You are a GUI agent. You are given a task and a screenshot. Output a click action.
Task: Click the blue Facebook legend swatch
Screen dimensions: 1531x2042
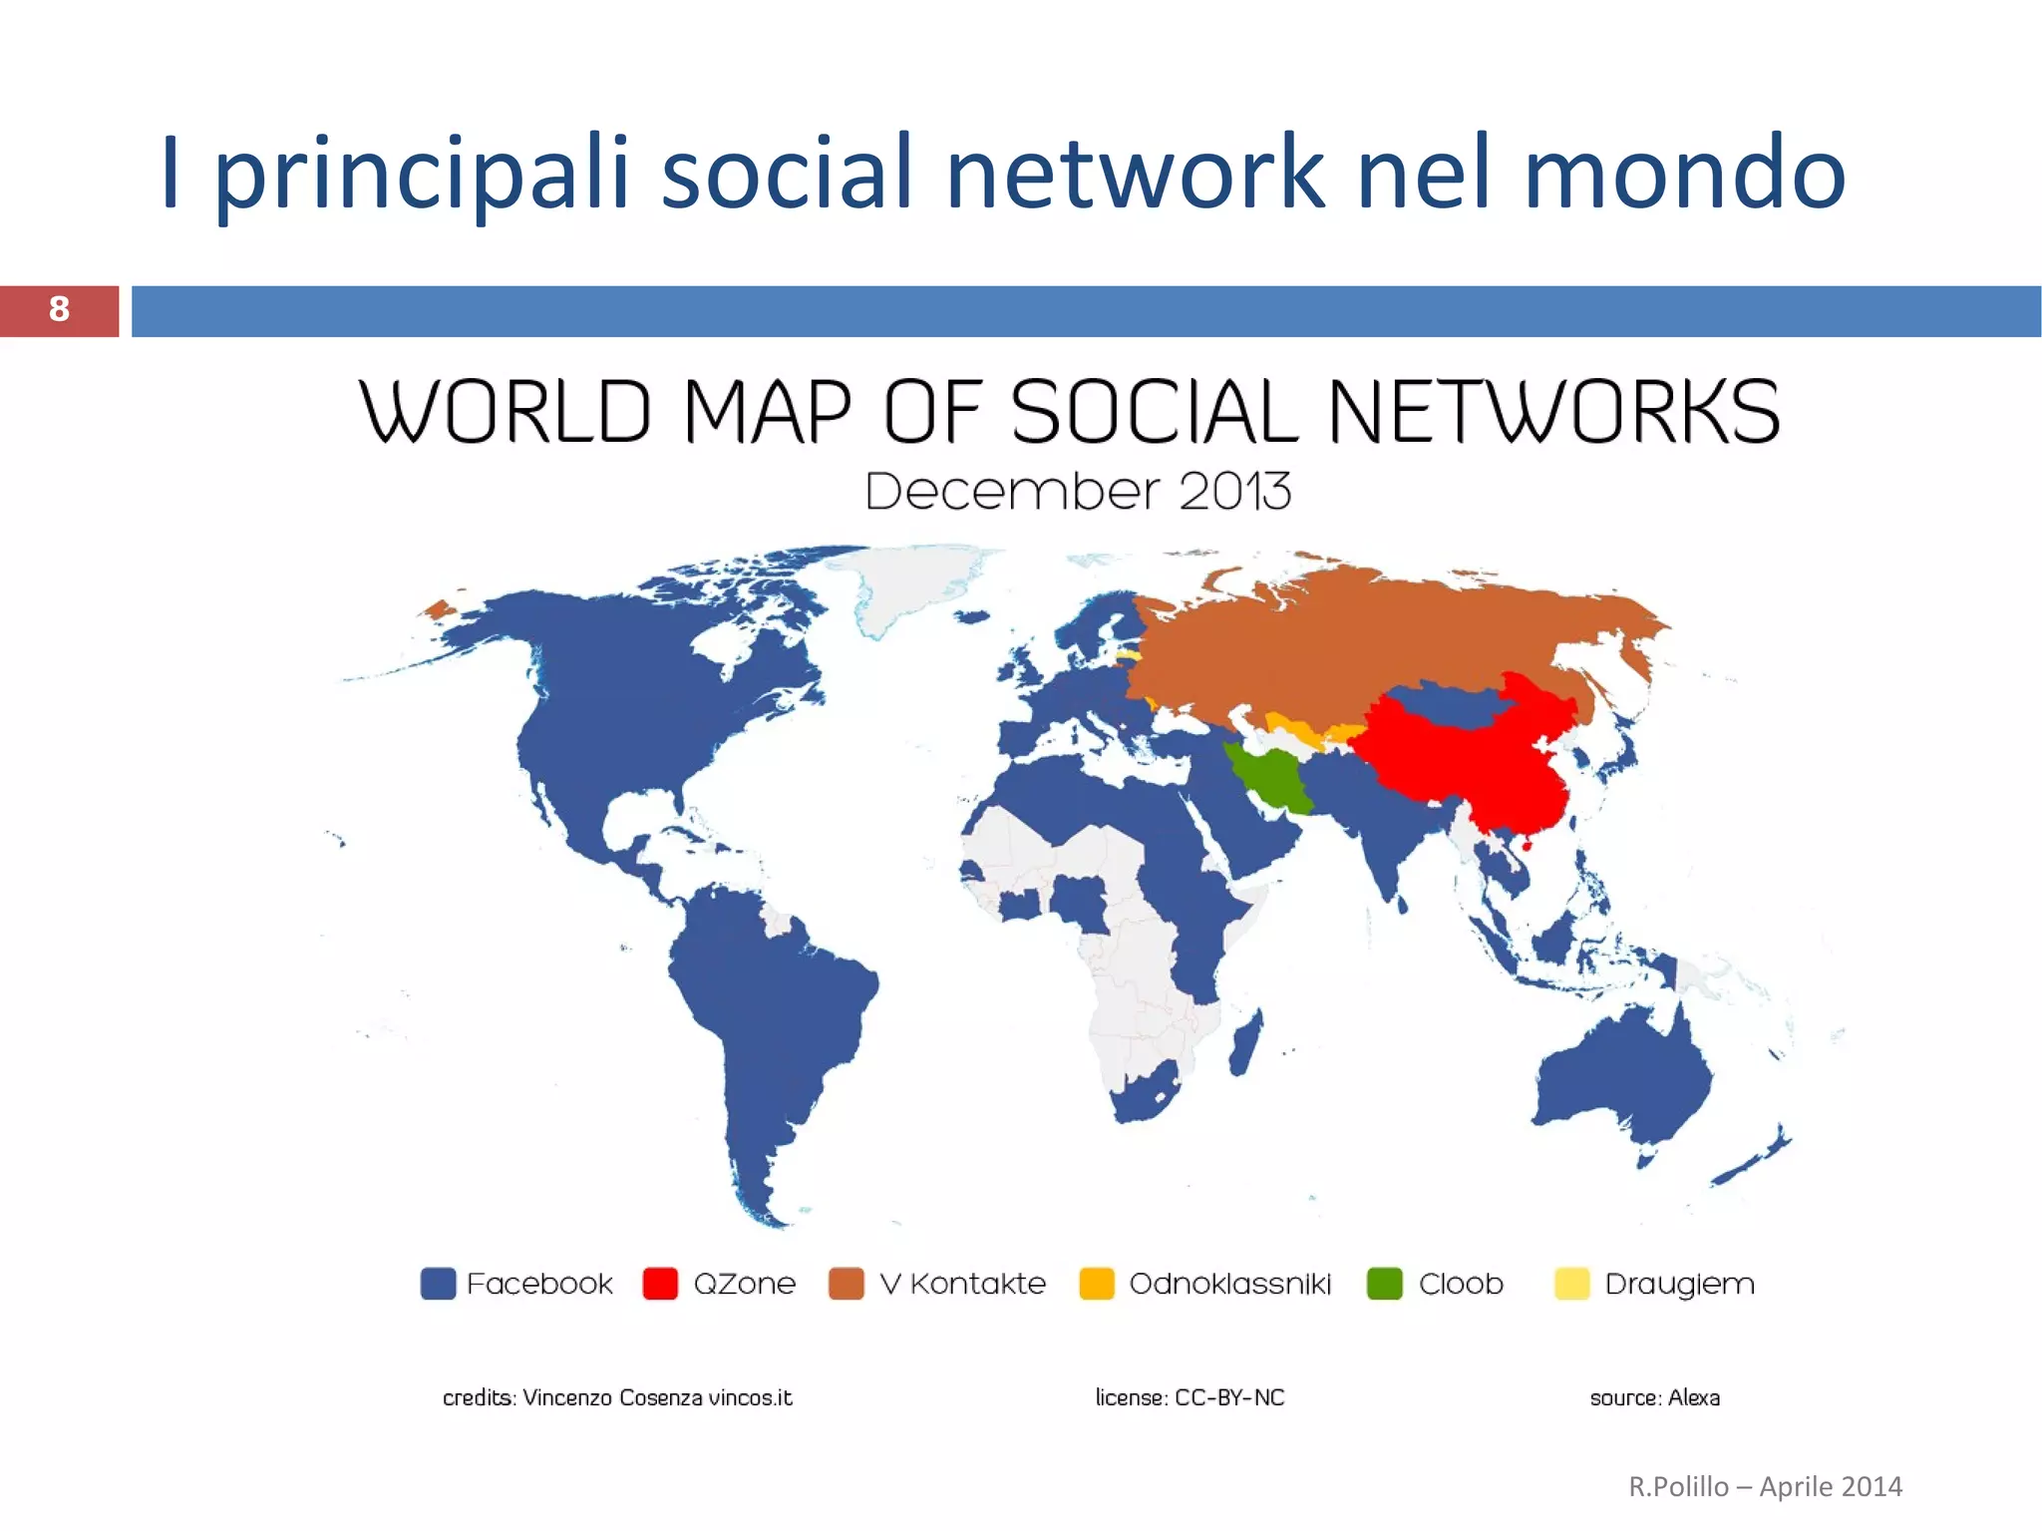click(x=438, y=1284)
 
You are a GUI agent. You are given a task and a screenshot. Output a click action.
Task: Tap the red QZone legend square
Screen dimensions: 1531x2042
click(x=660, y=1284)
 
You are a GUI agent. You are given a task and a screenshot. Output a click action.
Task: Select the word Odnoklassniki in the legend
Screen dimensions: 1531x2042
click(x=1229, y=1284)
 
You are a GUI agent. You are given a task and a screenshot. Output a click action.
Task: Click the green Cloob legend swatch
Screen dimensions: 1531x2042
click(x=1385, y=1284)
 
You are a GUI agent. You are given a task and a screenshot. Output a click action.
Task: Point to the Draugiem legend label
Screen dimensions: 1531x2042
click(x=1679, y=1285)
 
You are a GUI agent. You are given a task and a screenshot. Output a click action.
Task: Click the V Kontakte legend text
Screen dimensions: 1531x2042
click(x=962, y=1284)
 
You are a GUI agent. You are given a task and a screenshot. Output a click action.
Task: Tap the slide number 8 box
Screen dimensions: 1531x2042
click(x=59, y=310)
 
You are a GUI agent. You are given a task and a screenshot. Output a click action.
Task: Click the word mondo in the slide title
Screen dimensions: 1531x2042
click(x=1684, y=174)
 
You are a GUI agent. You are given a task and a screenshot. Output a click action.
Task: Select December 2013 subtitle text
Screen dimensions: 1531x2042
click(x=1078, y=492)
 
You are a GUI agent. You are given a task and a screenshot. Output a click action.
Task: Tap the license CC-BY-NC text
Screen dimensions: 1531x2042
click(x=1190, y=1398)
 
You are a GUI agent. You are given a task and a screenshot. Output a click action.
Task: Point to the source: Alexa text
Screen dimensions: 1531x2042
click(x=1654, y=1398)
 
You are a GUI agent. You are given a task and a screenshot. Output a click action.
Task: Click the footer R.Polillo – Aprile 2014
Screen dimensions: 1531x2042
click(x=1765, y=1487)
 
